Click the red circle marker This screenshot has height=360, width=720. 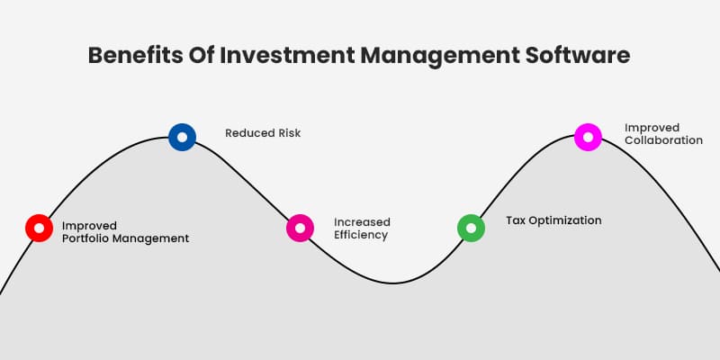(39, 228)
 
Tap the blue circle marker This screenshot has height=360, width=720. (182, 138)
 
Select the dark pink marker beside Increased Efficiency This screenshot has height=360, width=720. (300, 228)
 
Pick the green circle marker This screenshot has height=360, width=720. (471, 228)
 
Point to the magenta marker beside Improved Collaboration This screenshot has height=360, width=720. (588, 137)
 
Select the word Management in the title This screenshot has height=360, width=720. (437, 55)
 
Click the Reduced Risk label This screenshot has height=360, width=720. (263, 133)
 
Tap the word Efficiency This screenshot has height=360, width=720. (361, 235)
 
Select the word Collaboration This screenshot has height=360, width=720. (664, 140)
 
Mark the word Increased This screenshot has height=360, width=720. (362, 221)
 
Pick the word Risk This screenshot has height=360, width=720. (288, 133)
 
